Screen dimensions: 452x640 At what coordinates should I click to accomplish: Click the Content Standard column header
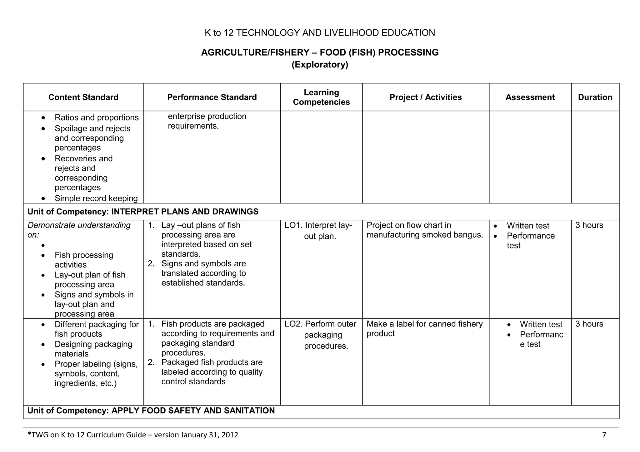[x=83, y=97]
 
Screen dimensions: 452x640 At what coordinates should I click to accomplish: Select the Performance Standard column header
[x=212, y=97]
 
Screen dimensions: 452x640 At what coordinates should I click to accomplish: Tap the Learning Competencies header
[x=321, y=97]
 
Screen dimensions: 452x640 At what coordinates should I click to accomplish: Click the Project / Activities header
[x=425, y=97]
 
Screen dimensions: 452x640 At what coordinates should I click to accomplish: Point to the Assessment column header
[x=530, y=97]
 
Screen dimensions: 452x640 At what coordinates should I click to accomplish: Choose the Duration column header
[x=595, y=97]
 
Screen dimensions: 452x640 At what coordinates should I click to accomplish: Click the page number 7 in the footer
[x=604, y=435]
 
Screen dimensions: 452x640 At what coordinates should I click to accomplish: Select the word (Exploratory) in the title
[x=320, y=65]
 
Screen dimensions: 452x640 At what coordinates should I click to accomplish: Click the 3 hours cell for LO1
[x=589, y=225]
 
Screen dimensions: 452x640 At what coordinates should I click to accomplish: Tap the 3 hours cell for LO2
[x=589, y=324]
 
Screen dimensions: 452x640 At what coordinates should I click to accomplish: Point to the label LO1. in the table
[x=293, y=225]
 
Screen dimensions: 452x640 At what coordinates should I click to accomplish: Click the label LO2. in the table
[x=293, y=324]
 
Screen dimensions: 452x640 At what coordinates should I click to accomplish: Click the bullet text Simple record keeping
[x=96, y=199]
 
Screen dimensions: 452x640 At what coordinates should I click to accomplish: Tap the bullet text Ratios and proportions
[x=97, y=118]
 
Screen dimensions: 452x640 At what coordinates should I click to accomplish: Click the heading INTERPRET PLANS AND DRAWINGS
[x=185, y=212]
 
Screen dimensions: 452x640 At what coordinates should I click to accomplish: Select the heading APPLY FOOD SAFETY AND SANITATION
[x=193, y=411]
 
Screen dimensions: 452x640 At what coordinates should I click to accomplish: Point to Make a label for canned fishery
[x=424, y=324]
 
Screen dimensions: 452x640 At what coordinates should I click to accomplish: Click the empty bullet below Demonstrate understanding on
[x=43, y=246]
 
